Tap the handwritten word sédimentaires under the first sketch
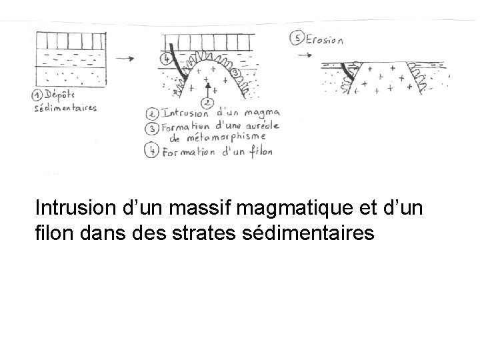66,107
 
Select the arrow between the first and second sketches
124,59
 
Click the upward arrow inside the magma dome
208,88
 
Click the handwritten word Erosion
325,39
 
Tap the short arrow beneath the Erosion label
304,55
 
